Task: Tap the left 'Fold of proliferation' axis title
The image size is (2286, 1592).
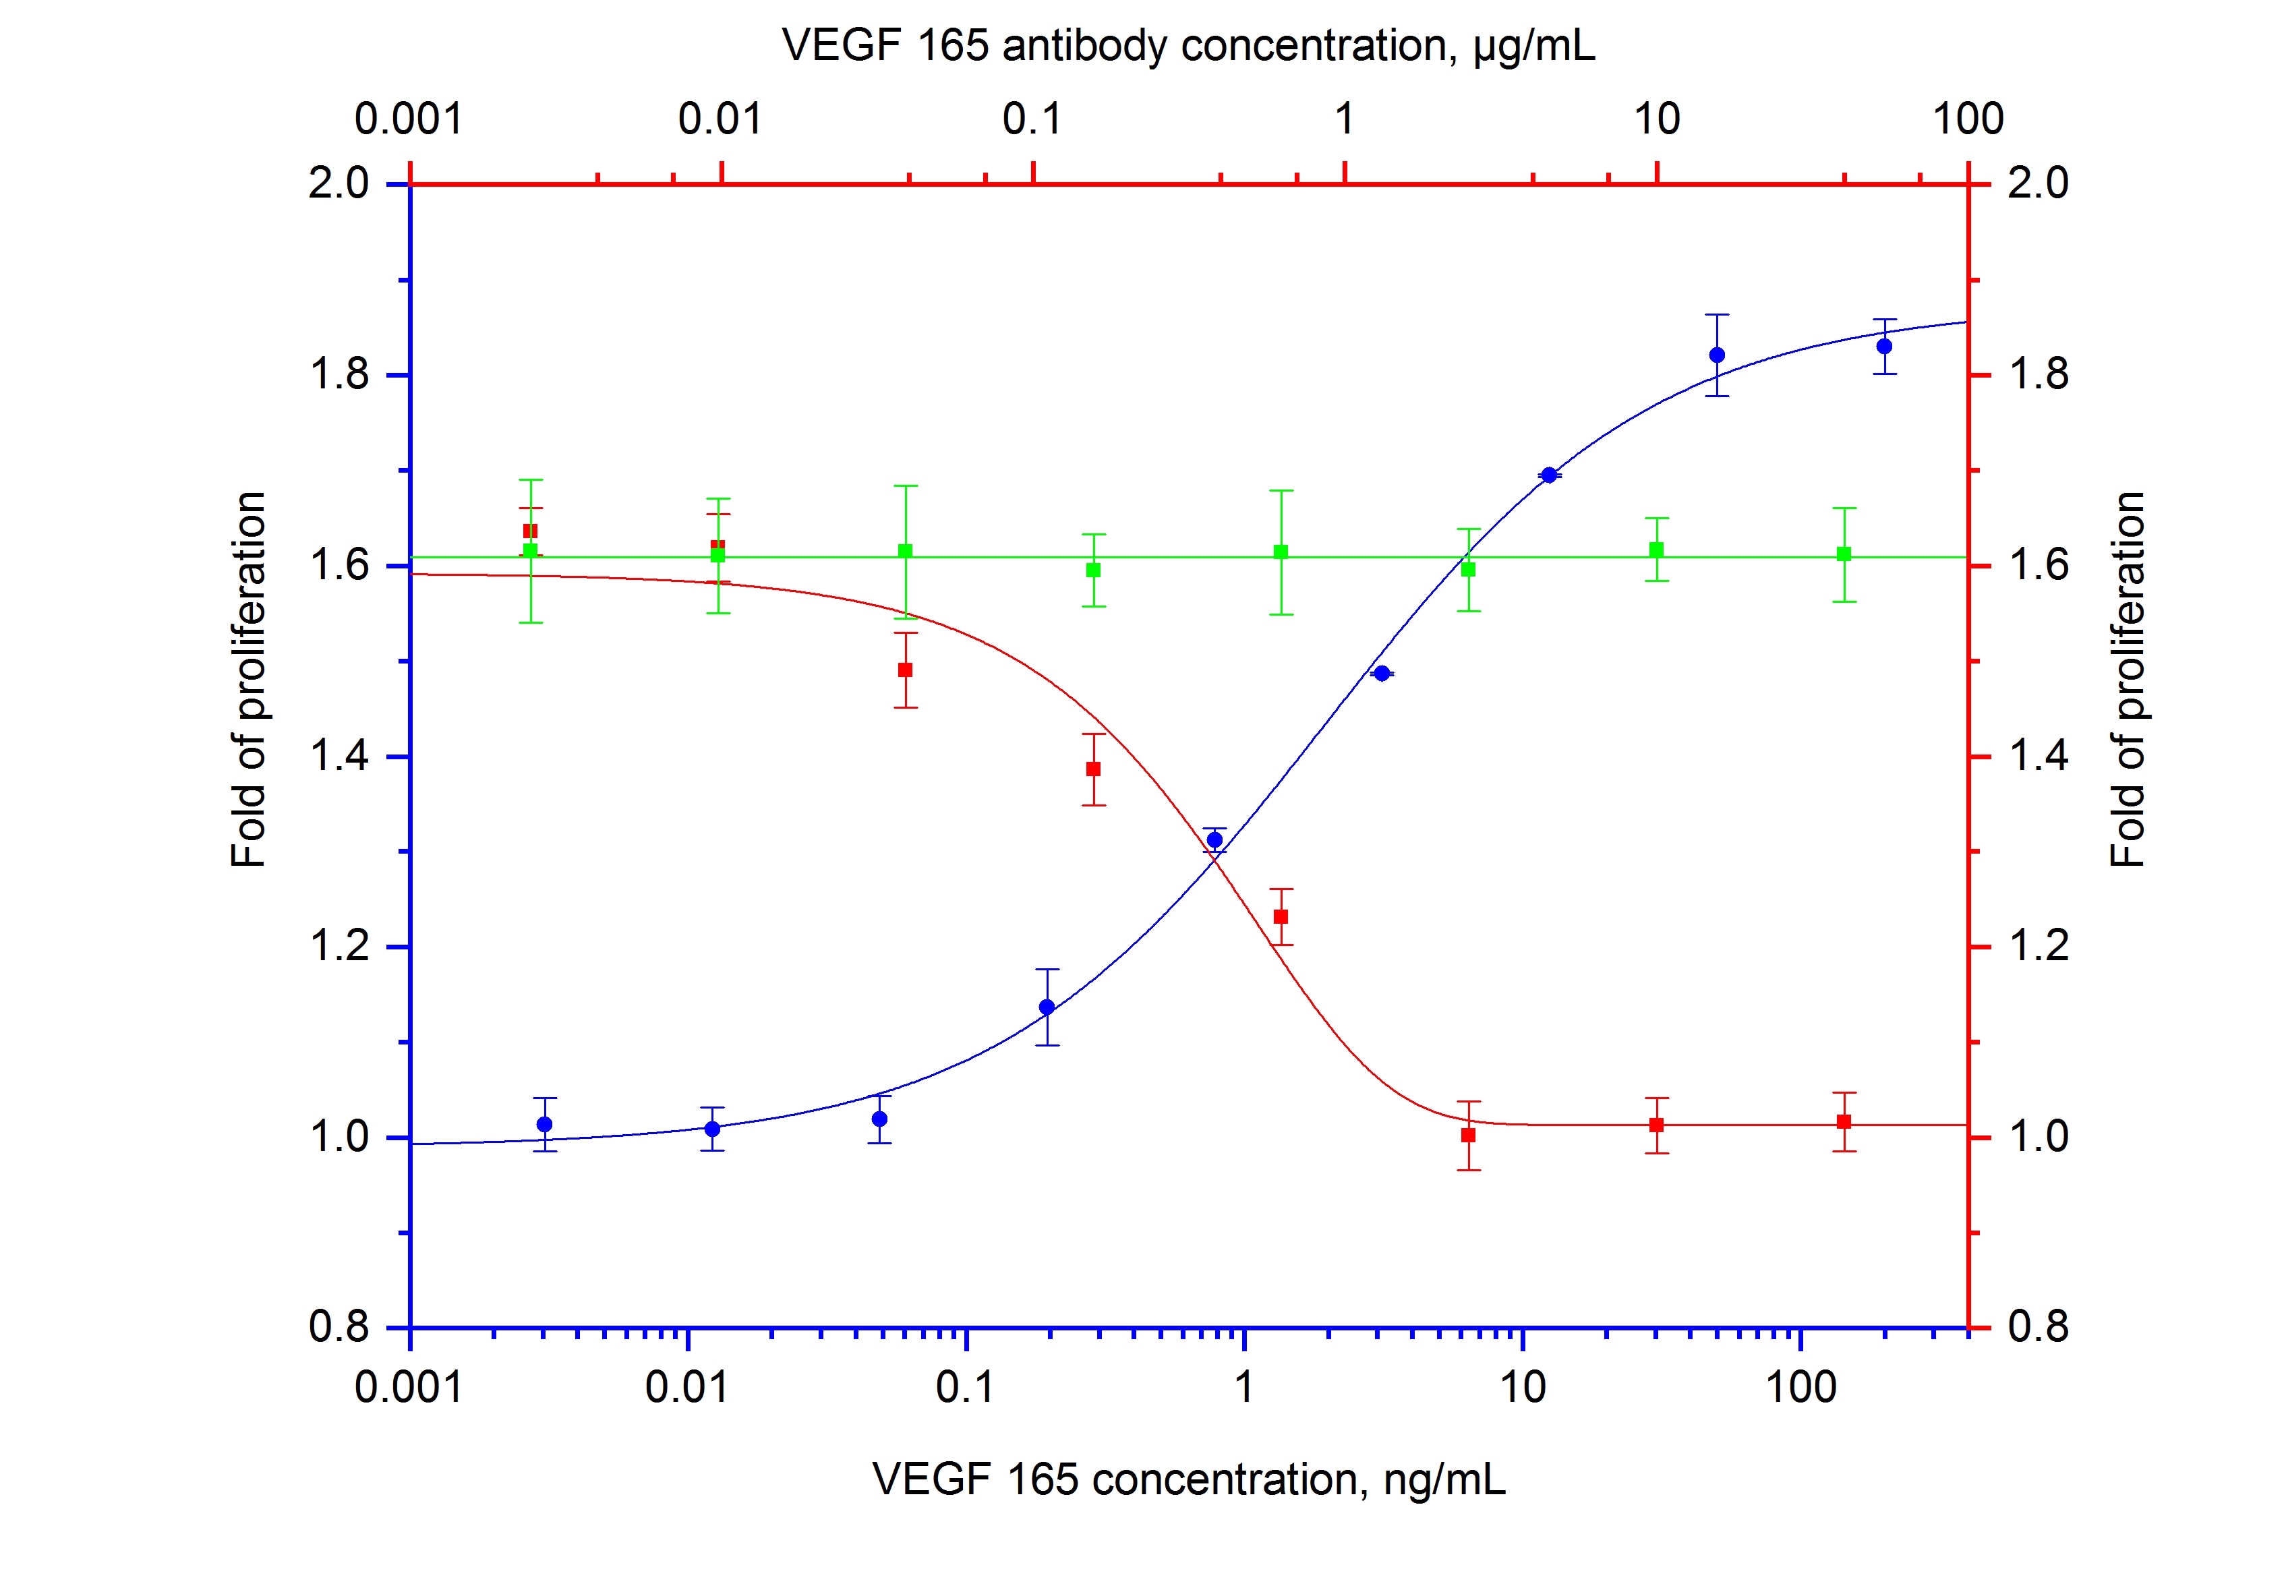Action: (249, 679)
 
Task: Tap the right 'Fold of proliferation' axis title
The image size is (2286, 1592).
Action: (2128, 679)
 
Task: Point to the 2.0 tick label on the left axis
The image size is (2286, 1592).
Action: (339, 184)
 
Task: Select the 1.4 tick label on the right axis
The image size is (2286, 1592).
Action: (2038, 757)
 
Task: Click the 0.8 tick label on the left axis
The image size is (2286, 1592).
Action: (339, 1327)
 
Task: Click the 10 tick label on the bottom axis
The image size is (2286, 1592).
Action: (1523, 1387)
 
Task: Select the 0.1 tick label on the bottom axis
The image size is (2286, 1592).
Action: (965, 1387)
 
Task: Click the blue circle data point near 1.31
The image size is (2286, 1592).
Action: (1214, 840)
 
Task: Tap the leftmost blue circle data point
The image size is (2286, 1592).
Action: (545, 1124)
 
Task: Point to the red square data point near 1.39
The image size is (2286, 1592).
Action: (1093, 769)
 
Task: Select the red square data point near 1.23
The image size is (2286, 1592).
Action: (1281, 916)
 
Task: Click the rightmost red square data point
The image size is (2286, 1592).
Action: (1844, 1122)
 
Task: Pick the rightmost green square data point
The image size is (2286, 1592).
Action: (1844, 554)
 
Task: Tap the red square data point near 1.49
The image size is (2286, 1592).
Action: (905, 670)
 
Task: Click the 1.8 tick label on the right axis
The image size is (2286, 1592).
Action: (2038, 376)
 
